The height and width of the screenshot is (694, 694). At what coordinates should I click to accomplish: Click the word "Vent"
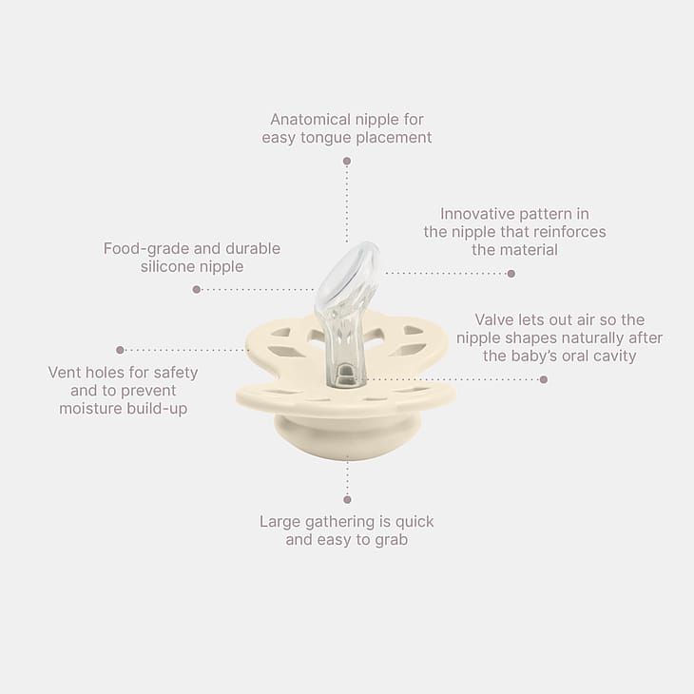pos(65,373)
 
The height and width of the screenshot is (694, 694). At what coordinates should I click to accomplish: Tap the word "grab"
pos(392,540)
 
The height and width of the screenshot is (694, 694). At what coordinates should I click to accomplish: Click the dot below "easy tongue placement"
pos(347,161)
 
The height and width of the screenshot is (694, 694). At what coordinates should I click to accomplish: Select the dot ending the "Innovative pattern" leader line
pos(511,274)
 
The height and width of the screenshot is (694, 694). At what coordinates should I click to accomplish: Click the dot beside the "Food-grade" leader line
pos(197,289)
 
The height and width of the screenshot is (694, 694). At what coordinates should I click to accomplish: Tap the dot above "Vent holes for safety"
pos(120,350)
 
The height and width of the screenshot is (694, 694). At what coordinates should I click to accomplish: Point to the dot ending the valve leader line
pos(544,379)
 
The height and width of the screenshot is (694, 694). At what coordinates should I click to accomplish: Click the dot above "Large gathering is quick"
pos(347,500)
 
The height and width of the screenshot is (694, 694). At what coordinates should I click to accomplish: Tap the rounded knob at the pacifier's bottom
pos(347,438)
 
